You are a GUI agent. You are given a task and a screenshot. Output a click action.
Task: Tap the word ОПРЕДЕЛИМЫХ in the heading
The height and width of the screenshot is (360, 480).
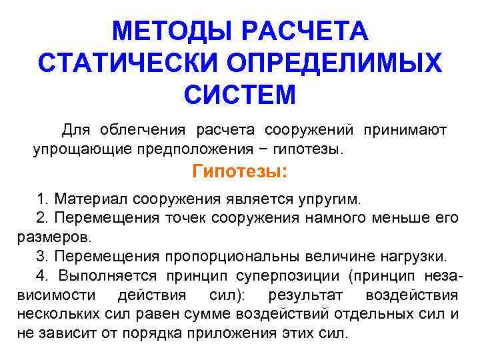338,63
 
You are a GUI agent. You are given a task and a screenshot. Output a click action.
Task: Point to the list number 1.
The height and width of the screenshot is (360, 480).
42,199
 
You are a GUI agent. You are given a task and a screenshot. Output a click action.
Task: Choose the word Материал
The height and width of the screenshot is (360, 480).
91,199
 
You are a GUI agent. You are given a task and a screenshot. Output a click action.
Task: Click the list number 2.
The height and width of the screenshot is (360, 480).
42,218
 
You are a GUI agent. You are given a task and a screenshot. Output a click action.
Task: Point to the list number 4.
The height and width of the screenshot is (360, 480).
42,275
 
